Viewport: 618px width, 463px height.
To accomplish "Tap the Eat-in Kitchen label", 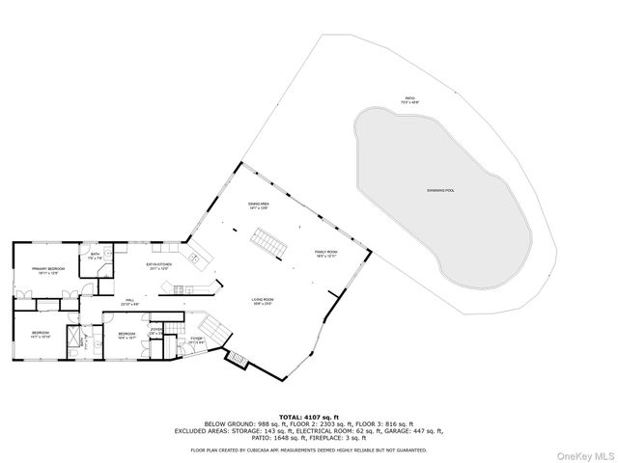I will [158, 266].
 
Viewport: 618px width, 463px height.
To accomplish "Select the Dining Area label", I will [258, 206].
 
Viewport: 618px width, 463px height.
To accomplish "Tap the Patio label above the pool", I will [411, 99].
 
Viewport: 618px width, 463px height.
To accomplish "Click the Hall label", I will [128, 303].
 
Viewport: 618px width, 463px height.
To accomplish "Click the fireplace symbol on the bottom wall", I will [237, 360].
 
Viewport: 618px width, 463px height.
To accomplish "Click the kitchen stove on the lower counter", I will [182, 286].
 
